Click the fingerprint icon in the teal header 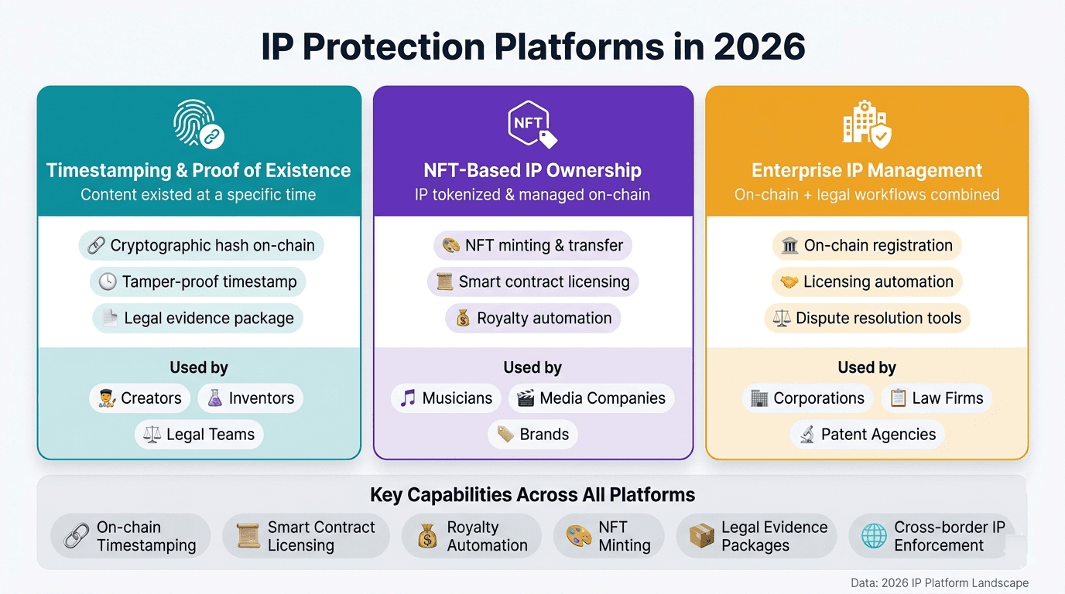coord(194,122)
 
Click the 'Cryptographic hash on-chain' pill coord(201,246)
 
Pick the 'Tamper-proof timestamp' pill coord(198,282)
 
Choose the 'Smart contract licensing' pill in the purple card coord(532,282)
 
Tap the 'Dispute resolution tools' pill coord(867,318)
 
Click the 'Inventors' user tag coord(250,398)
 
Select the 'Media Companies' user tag coord(591,398)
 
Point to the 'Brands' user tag coord(532,435)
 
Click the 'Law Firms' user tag coord(937,398)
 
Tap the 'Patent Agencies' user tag coord(867,435)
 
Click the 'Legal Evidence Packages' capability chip coord(756,536)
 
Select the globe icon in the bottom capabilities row coord(874,536)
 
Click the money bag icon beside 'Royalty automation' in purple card coord(463,318)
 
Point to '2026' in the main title coord(759,48)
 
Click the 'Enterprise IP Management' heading coord(867,170)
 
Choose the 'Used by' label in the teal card coord(199,367)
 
